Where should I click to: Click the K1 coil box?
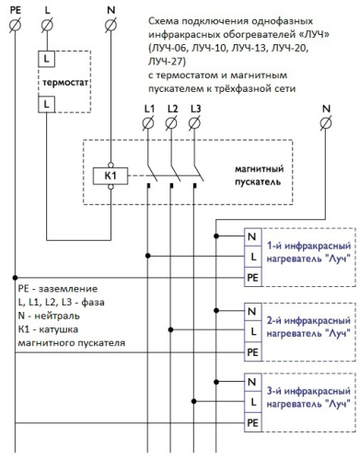pyautogui.click(x=110, y=175)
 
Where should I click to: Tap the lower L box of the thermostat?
pyautogui.click(x=46, y=106)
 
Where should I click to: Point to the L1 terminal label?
pyautogui.click(x=151, y=110)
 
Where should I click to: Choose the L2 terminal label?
pyautogui.click(x=172, y=110)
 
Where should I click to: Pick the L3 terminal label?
pyautogui.click(x=194, y=110)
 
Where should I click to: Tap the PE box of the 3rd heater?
pyautogui.click(x=251, y=422)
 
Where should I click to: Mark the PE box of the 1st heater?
pyautogui.click(x=251, y=276)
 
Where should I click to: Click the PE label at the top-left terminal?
pyautogui.click(x=15, y=8)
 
